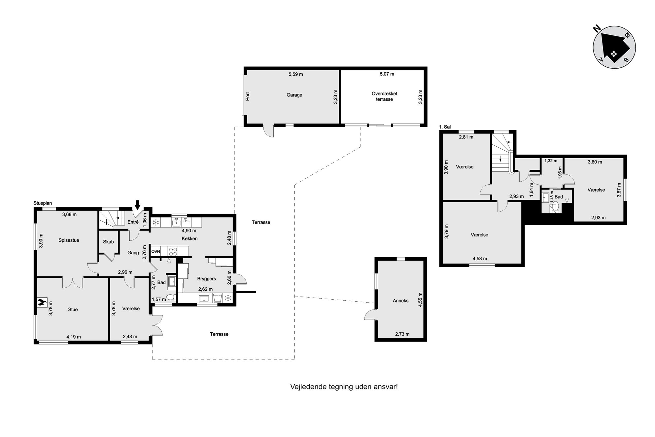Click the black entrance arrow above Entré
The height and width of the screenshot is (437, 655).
tap(137, 204)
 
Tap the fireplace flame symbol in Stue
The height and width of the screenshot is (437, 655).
tap(42, 302)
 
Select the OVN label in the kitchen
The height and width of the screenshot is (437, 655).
tap(155, 251)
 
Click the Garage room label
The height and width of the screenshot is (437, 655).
tap(294, 95)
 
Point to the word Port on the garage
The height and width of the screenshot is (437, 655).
tap(248, 96)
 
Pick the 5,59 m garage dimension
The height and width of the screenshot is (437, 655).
tap(296, 74)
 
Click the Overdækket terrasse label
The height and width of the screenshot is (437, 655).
tap(384, 96)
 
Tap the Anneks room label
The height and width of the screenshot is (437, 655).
tap(400, 301)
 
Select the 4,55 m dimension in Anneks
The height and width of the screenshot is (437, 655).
tap(420, 300)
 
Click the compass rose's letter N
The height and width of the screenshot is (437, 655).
tap(597, 29)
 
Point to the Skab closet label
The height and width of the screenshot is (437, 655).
tap(108, 242)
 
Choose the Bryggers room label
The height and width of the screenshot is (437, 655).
tap(207, 279)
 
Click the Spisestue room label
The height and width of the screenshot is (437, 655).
tap(69, 240)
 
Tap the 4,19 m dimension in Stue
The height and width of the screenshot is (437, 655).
tap(74, 337)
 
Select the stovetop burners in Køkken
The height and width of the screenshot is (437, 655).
tap(173, 251)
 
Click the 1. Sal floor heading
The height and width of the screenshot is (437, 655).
tap(445, 127)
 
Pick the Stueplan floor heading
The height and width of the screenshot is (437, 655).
tap(43, 203)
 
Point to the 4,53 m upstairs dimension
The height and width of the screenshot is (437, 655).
tap(480, 259)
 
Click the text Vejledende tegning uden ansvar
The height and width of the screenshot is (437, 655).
tap(343, 387)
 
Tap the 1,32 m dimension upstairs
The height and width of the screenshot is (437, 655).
tap(551, 161)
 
